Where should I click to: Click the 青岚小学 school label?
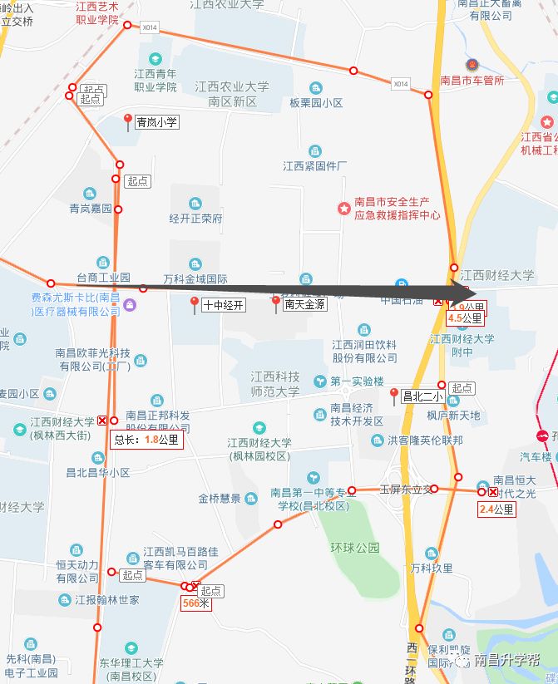(157, 121)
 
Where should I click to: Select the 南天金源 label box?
(304, 305)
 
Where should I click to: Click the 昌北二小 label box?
(422, 396)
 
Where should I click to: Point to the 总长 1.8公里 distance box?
(146, 440)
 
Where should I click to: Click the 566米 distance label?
(196, 604)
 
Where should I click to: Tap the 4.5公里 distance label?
(465, 317)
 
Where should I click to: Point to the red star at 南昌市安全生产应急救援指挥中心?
(343, 208)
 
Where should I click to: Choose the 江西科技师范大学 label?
(275, 384)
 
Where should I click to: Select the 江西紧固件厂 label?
(314, 165)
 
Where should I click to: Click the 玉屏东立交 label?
(407, 489)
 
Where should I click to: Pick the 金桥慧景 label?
(220, 498)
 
